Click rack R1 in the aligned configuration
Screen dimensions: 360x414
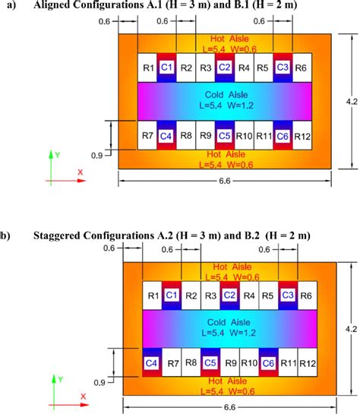tap(147, 68)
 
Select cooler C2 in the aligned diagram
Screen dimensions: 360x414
tap(225, 68)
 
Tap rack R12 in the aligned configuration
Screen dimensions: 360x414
tap(302, 135)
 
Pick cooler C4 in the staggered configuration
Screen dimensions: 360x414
tap(152, 362)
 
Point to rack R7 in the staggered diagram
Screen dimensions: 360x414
tap(172, 362)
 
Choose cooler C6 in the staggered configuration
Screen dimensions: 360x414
tap(268, 362)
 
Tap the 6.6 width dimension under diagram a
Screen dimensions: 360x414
tap(225, 181)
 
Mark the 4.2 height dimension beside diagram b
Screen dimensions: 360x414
tap(352, 329)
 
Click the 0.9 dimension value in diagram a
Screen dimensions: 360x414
tap(96, 156)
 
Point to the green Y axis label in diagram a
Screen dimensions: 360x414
tap(58, 155)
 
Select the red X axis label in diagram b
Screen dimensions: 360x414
tap(83, 397)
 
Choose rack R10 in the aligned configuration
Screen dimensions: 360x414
tap(244, 136)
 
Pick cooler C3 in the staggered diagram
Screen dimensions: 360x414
tap(288, 295)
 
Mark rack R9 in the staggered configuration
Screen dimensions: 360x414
tap(230, 362)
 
